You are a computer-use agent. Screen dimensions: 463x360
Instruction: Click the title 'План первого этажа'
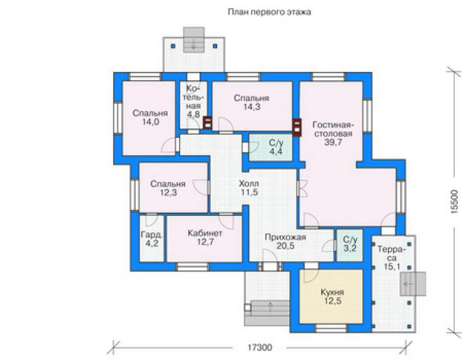click(x=269, y=12)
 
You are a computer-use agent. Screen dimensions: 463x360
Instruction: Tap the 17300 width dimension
click(x=260, y=347)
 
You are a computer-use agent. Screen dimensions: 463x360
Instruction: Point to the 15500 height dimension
click(x=455, y=202)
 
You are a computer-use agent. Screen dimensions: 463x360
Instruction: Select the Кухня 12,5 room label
click(x=332, y=297)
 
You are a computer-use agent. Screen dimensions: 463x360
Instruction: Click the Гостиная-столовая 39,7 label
click(x=333, y=133)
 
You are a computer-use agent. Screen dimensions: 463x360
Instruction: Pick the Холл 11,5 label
click(x=249, y=188)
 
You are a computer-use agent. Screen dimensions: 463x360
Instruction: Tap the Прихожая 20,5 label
click(x=285, y=242)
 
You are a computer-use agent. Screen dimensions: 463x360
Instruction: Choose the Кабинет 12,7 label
click(x=205, y=238)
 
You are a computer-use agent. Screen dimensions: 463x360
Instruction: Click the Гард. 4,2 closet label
click(x=152, y=239)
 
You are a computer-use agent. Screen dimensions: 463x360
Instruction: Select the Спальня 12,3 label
click(x=168, y=188)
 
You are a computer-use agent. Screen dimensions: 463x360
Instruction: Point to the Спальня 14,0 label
click(x=150, y=117)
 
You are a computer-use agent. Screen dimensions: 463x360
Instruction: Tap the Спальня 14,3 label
click(x=252, y=102)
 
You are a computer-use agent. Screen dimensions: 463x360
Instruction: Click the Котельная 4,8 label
click(x=194, y=101)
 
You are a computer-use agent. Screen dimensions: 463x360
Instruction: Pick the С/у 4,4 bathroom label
click(x=276, y=147)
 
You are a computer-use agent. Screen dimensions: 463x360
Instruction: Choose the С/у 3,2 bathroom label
click(x=350, y=244)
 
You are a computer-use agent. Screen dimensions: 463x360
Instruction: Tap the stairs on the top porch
click(x=194, y=39)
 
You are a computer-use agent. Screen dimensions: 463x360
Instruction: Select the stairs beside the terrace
click(x=413, y=284)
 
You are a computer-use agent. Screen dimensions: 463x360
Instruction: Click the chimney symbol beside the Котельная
click(x=208, y=123)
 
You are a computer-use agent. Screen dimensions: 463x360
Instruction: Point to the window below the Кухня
click(x=331, y=328)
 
